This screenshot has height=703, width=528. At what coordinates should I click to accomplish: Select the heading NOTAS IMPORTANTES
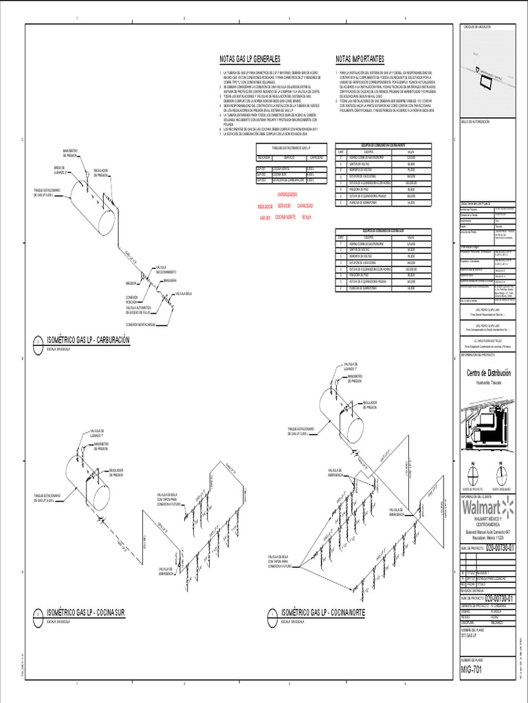pos(360,59)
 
